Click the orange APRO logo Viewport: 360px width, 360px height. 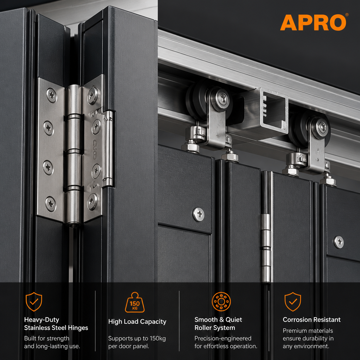[x=313, y=22]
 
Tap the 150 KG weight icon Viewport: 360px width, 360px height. [x=135, y=302]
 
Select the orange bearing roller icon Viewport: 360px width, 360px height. [x=221, y=301]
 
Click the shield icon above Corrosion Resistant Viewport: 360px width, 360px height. [x=293, y=302]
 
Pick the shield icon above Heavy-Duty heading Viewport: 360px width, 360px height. [x=34, y=302]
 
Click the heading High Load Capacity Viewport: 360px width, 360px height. [x=137, y=322]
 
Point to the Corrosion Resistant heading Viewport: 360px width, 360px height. [x=311, y=320]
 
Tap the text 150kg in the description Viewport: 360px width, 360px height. [x=158, y=339]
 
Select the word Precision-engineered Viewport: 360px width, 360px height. [x=223, y=339]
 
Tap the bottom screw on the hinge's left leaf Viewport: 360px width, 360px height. [x=50, y=204]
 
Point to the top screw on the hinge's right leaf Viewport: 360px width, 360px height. [x=92, y=95]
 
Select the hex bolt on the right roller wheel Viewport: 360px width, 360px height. [x=322, y=127]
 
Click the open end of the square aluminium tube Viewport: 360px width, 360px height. [x=274, y=110]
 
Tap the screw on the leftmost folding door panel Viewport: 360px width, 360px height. [x=199, y=214]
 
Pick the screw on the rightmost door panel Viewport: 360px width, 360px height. [x=339, y=242]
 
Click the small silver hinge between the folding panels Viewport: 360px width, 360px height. [x=266, y=248]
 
